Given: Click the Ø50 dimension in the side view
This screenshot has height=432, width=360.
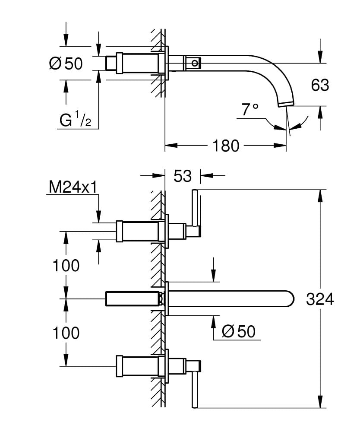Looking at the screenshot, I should (x=66, y=64).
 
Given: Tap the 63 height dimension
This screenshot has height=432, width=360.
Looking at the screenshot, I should (x=320, y=85).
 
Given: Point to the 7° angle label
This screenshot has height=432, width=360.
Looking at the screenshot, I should (x=249, y=110).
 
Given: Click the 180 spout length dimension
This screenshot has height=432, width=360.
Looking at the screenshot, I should (x=225, y=146).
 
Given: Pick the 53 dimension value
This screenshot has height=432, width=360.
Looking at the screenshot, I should (x=182, y=176).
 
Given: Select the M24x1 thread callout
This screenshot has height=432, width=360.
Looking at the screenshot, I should (x=72, y=187).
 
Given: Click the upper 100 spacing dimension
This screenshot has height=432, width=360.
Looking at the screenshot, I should (x=66, y=265).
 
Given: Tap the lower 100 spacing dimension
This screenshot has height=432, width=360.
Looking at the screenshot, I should (x=66, y=333).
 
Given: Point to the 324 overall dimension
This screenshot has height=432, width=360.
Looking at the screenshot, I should (x=319, y=299).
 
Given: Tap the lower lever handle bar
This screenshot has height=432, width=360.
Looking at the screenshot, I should (x=195, y=385).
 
